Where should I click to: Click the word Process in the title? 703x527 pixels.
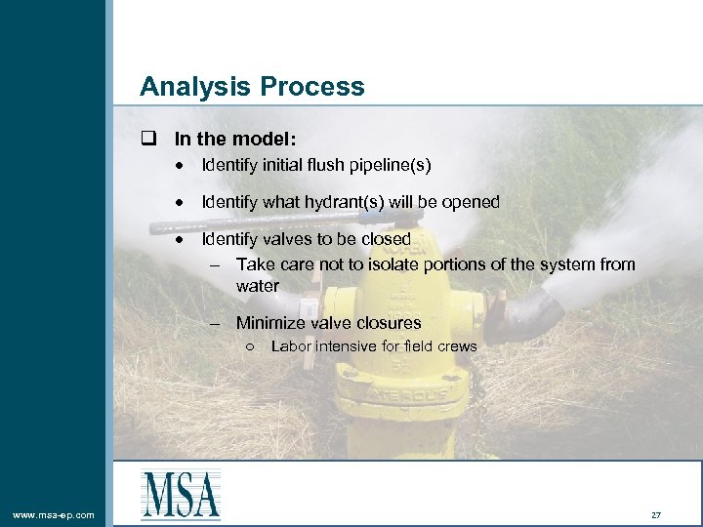pyautogui.click(x=312, y=87)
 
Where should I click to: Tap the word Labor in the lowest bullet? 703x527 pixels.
pyautogui.click(x=291, y=346)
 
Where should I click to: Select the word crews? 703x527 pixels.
pyautogui.click(x=457, y=346)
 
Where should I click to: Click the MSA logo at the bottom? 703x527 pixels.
pyautogui.click(x=181, y=494)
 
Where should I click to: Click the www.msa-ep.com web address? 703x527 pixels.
pyautogui.click(x=54, y=514)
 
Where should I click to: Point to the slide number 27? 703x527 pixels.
pyautogui.click(x=655, y=514)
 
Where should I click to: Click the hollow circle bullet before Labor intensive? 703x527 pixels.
pyautogui.click(x=252, y=346)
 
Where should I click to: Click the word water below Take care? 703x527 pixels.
pyautogui.click(x=258, y=286)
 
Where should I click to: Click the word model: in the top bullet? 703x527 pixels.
pyautogui.click(x=268, y=141)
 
